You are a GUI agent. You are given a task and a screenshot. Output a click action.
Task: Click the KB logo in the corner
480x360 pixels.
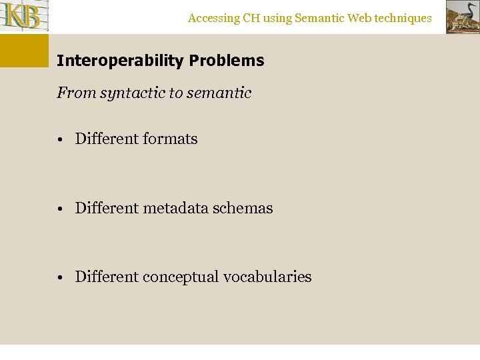pos(24,17)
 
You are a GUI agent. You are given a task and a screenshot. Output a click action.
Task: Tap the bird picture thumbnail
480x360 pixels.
pos(462,17)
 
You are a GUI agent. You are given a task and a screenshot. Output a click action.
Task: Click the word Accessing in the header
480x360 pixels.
pos(213,18)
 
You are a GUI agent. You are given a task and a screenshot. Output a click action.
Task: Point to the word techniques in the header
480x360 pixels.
pos(403,18)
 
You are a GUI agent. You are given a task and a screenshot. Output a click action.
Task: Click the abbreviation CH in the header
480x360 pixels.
pos(251,18)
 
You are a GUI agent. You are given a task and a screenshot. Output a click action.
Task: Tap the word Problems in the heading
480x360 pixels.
pos(227,61)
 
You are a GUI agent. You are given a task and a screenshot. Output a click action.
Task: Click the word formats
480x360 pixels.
pos(170,139)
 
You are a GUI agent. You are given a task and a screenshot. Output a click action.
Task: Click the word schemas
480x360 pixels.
pos(243,208)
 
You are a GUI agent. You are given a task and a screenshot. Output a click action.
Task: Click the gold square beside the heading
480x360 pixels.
pos(24,51)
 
